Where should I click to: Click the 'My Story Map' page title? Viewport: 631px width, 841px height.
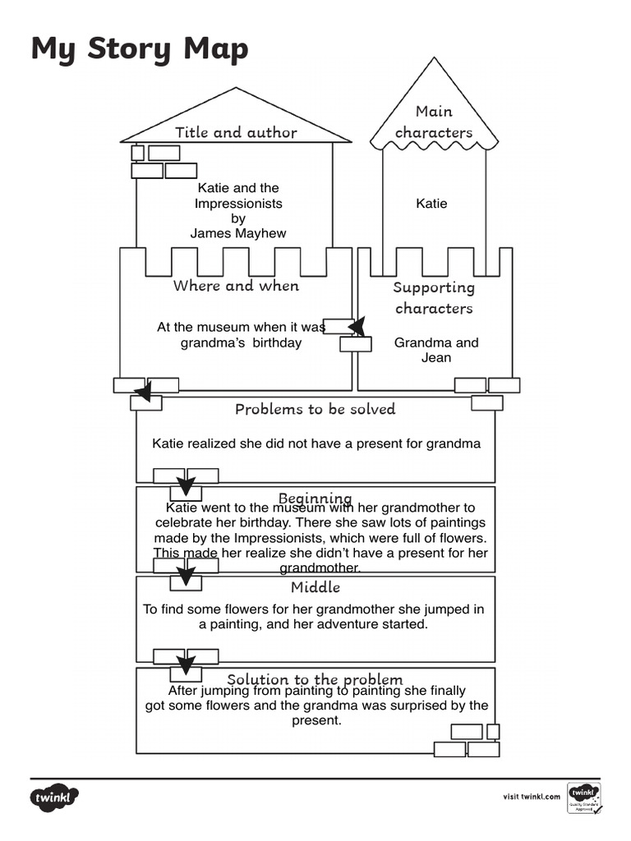tap(139, 49)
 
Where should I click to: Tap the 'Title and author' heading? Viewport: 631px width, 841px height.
tap(236, 132)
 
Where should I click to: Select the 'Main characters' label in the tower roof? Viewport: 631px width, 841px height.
tap(434, 122)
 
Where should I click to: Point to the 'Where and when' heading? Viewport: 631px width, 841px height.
tap(236, 286)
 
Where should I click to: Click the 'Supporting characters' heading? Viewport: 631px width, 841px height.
tap(434, 297)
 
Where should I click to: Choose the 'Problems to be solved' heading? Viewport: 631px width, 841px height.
tap(315, 409)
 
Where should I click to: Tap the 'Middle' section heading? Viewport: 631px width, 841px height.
tap(315, 587)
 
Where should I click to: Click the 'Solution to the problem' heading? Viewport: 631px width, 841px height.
tap(315, 679)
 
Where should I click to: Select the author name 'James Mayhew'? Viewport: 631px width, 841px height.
tap(238, 233)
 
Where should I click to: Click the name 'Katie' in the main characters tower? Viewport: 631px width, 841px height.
tap(431, 203)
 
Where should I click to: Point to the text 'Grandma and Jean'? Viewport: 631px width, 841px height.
tap(436, 350)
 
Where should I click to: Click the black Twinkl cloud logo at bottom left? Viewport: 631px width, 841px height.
tap(55, 797)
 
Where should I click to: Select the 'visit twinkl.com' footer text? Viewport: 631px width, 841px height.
tap(532, 796)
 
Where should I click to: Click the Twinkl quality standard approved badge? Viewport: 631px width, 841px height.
tap(584, 797)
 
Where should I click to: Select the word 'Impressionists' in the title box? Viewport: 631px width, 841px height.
tap(238, 203)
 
